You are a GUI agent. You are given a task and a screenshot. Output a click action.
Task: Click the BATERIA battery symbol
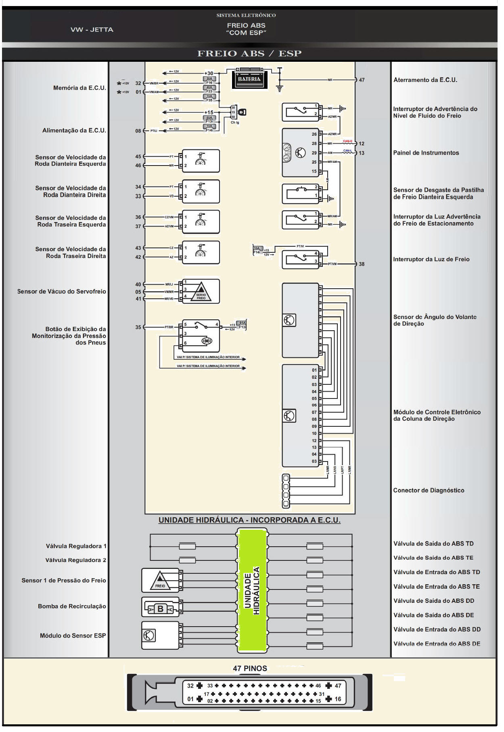click(x=249, y=80)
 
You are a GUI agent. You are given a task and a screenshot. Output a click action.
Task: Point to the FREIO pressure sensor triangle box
click(x=160, y=581)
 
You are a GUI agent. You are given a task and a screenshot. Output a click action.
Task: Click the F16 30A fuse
click(x=209, y=81)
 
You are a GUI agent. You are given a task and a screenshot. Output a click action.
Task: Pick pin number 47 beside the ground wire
click(x=362, y=80)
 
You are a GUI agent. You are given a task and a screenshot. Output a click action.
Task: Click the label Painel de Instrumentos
click(x=426, y=153)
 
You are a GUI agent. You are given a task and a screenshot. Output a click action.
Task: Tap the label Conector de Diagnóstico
click(x=429, y=490)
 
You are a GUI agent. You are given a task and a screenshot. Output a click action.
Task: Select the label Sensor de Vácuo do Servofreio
click(x=61, y=291)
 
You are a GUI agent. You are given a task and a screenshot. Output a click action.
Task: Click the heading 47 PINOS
click(x=250, y=668)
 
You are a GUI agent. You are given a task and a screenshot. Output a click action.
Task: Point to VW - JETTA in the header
click(x=92, y=29)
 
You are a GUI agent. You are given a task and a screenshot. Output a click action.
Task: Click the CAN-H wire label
click(x=347, y=141)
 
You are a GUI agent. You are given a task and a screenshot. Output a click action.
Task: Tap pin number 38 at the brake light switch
click(x=362, y=264)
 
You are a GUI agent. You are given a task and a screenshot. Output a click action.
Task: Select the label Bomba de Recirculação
click(x=72, y=606)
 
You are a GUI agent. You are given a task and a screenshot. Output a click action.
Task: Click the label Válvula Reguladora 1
click(x=76, y=546)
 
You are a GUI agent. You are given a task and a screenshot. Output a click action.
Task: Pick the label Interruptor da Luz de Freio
click(x=431, y=259)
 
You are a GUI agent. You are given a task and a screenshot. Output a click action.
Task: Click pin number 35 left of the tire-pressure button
click(x=138, y=327)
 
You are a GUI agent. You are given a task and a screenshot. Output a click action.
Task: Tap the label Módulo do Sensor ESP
click(x=73, y=636)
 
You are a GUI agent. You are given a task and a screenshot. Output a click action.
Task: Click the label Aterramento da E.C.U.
click(x=425, y=80)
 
